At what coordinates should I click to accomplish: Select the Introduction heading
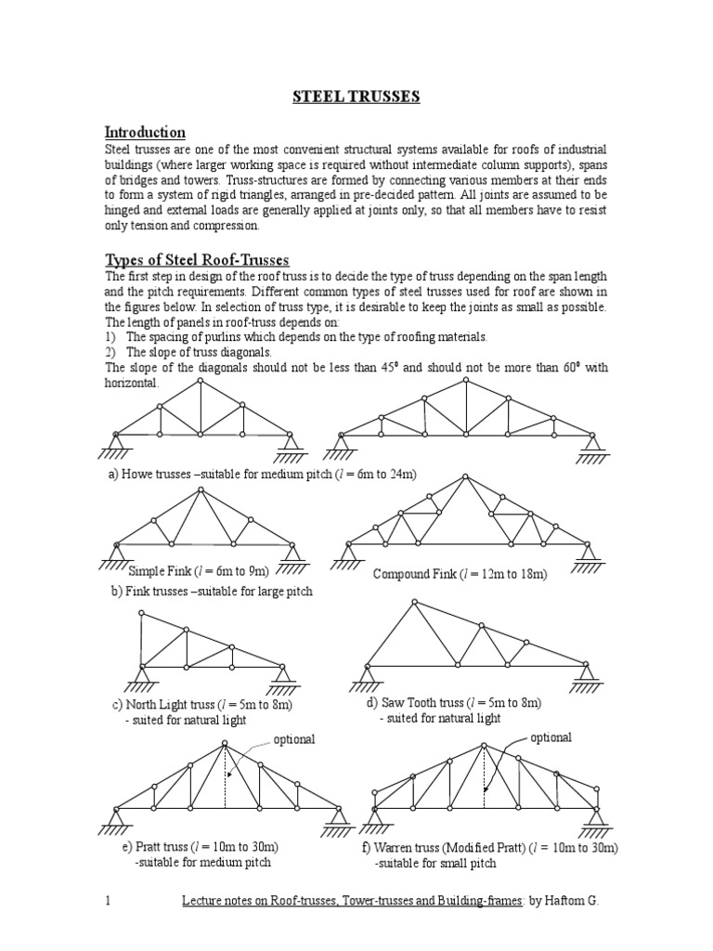pyautogui.click(x=145, y=132)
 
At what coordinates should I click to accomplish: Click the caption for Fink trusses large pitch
pyautogui.click(x=211, y=591)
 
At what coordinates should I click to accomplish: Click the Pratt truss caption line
pyautogui.click(x=201, y=847)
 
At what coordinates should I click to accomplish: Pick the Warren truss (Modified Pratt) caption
pyautogui.click(x=490, y=847)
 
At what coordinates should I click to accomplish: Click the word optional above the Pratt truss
pyautogui.click(x=294, y=739)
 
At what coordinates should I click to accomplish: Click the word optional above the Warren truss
pyautogui.click(x=551, y=737)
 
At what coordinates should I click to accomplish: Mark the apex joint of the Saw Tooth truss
pyautogui.click(x=414, y=603)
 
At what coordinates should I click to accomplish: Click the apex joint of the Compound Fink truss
pyautogui.click(x=462, y=476)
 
